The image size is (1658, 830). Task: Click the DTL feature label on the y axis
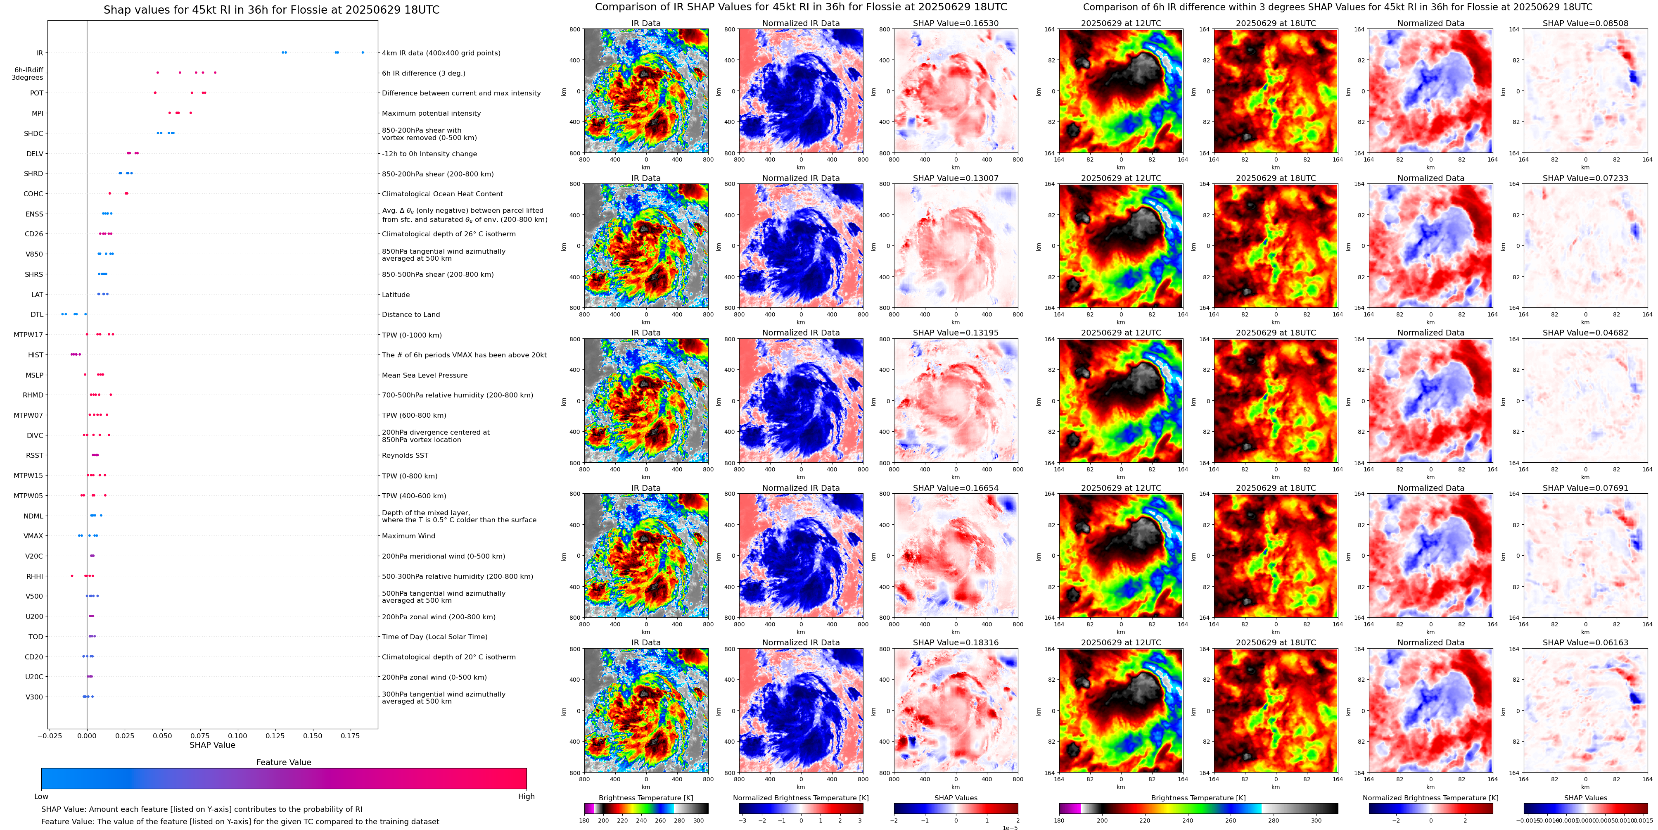pos(37,315)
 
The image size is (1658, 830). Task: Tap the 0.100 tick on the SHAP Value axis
pos(237,735)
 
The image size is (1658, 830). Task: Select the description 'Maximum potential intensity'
pos(431,113)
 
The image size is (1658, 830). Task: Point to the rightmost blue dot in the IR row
pos(363,53)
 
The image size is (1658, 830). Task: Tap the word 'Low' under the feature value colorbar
pos(41,797)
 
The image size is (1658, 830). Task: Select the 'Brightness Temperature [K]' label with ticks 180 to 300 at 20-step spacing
pos(645,798)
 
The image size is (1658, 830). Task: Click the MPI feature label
pos(37,113)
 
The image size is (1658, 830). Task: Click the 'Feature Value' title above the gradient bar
pos(283,762)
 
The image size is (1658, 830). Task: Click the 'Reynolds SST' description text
pos(405,456)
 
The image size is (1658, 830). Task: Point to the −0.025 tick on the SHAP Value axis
pos(50,735)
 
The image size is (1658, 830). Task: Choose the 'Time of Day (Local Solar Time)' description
pos(434,637)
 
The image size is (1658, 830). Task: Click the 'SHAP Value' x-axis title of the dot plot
pos(212,745)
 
